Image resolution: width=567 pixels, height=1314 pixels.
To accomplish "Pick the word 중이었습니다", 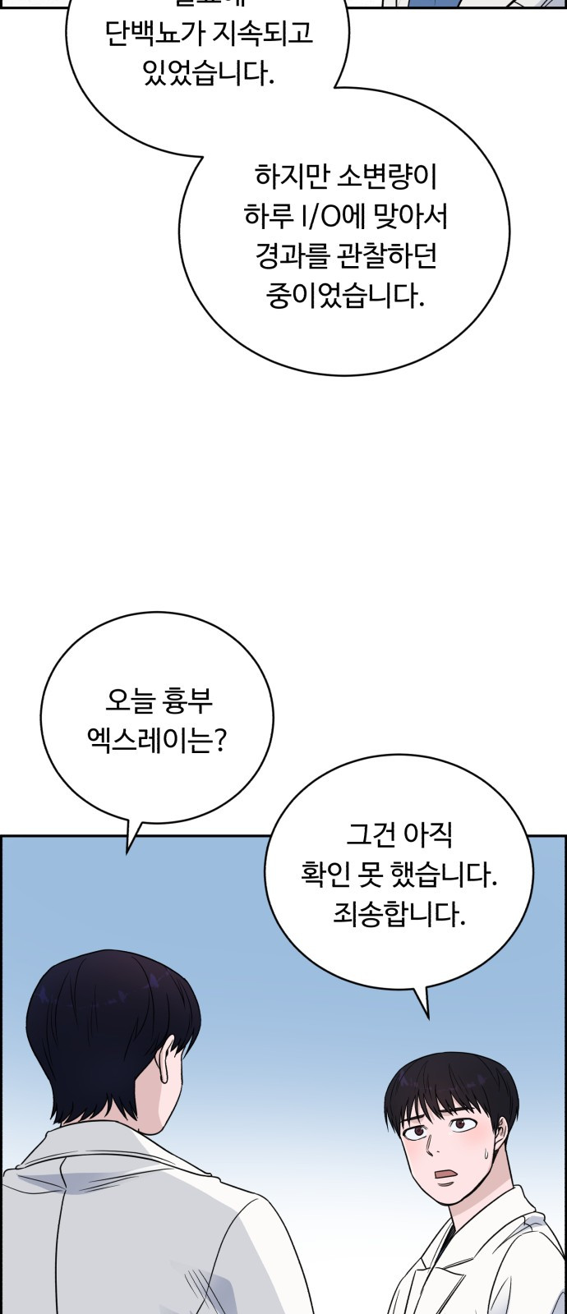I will pos(345,296).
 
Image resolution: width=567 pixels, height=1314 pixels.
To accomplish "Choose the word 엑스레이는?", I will pos(156,742).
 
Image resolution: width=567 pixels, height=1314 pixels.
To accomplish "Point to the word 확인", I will pos(324,875).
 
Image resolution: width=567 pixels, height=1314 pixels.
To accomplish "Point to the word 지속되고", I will pos(251,35).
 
